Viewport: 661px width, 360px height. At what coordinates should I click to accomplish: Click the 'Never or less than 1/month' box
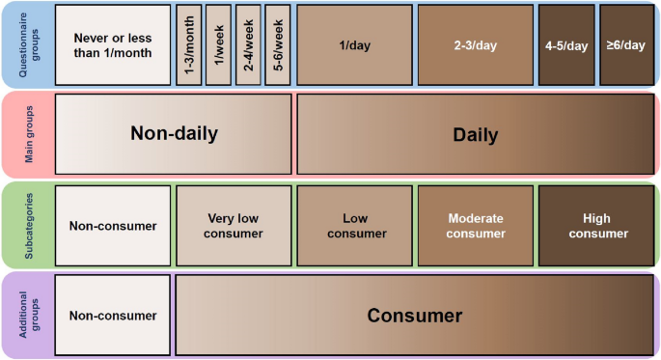(x=113, y=45)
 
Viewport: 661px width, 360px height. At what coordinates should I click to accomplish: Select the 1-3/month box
(x=189, y=45)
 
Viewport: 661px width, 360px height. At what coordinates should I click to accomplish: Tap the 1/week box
(x=218, y=45)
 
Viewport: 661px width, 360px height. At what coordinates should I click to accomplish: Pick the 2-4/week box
(x=248, y=45)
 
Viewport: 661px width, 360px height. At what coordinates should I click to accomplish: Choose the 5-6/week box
(x=278, y=45)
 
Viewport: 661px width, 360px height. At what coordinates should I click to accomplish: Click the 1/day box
(x=354, y=45)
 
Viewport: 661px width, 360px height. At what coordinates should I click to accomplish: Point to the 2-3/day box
(x=475, y=45)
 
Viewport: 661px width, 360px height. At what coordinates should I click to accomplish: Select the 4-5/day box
(x=565, y=45)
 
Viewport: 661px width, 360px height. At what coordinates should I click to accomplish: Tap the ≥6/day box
(x=626, y=45)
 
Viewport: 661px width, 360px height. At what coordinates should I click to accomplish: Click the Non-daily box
(x=174, y=134)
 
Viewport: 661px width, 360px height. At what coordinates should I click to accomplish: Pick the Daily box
(x=475, y=134)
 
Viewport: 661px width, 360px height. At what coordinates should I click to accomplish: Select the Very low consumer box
(x=233, y=226)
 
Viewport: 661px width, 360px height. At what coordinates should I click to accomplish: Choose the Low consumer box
(x=354, y=226)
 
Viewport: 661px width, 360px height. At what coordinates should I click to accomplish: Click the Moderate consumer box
(x=475, y=226)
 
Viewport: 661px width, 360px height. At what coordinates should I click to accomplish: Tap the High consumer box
(x=595, y=226)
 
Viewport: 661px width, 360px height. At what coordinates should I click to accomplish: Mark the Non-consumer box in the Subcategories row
(x=113, y=226)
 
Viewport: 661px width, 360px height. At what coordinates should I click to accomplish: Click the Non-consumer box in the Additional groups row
(x=113, y=315)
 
